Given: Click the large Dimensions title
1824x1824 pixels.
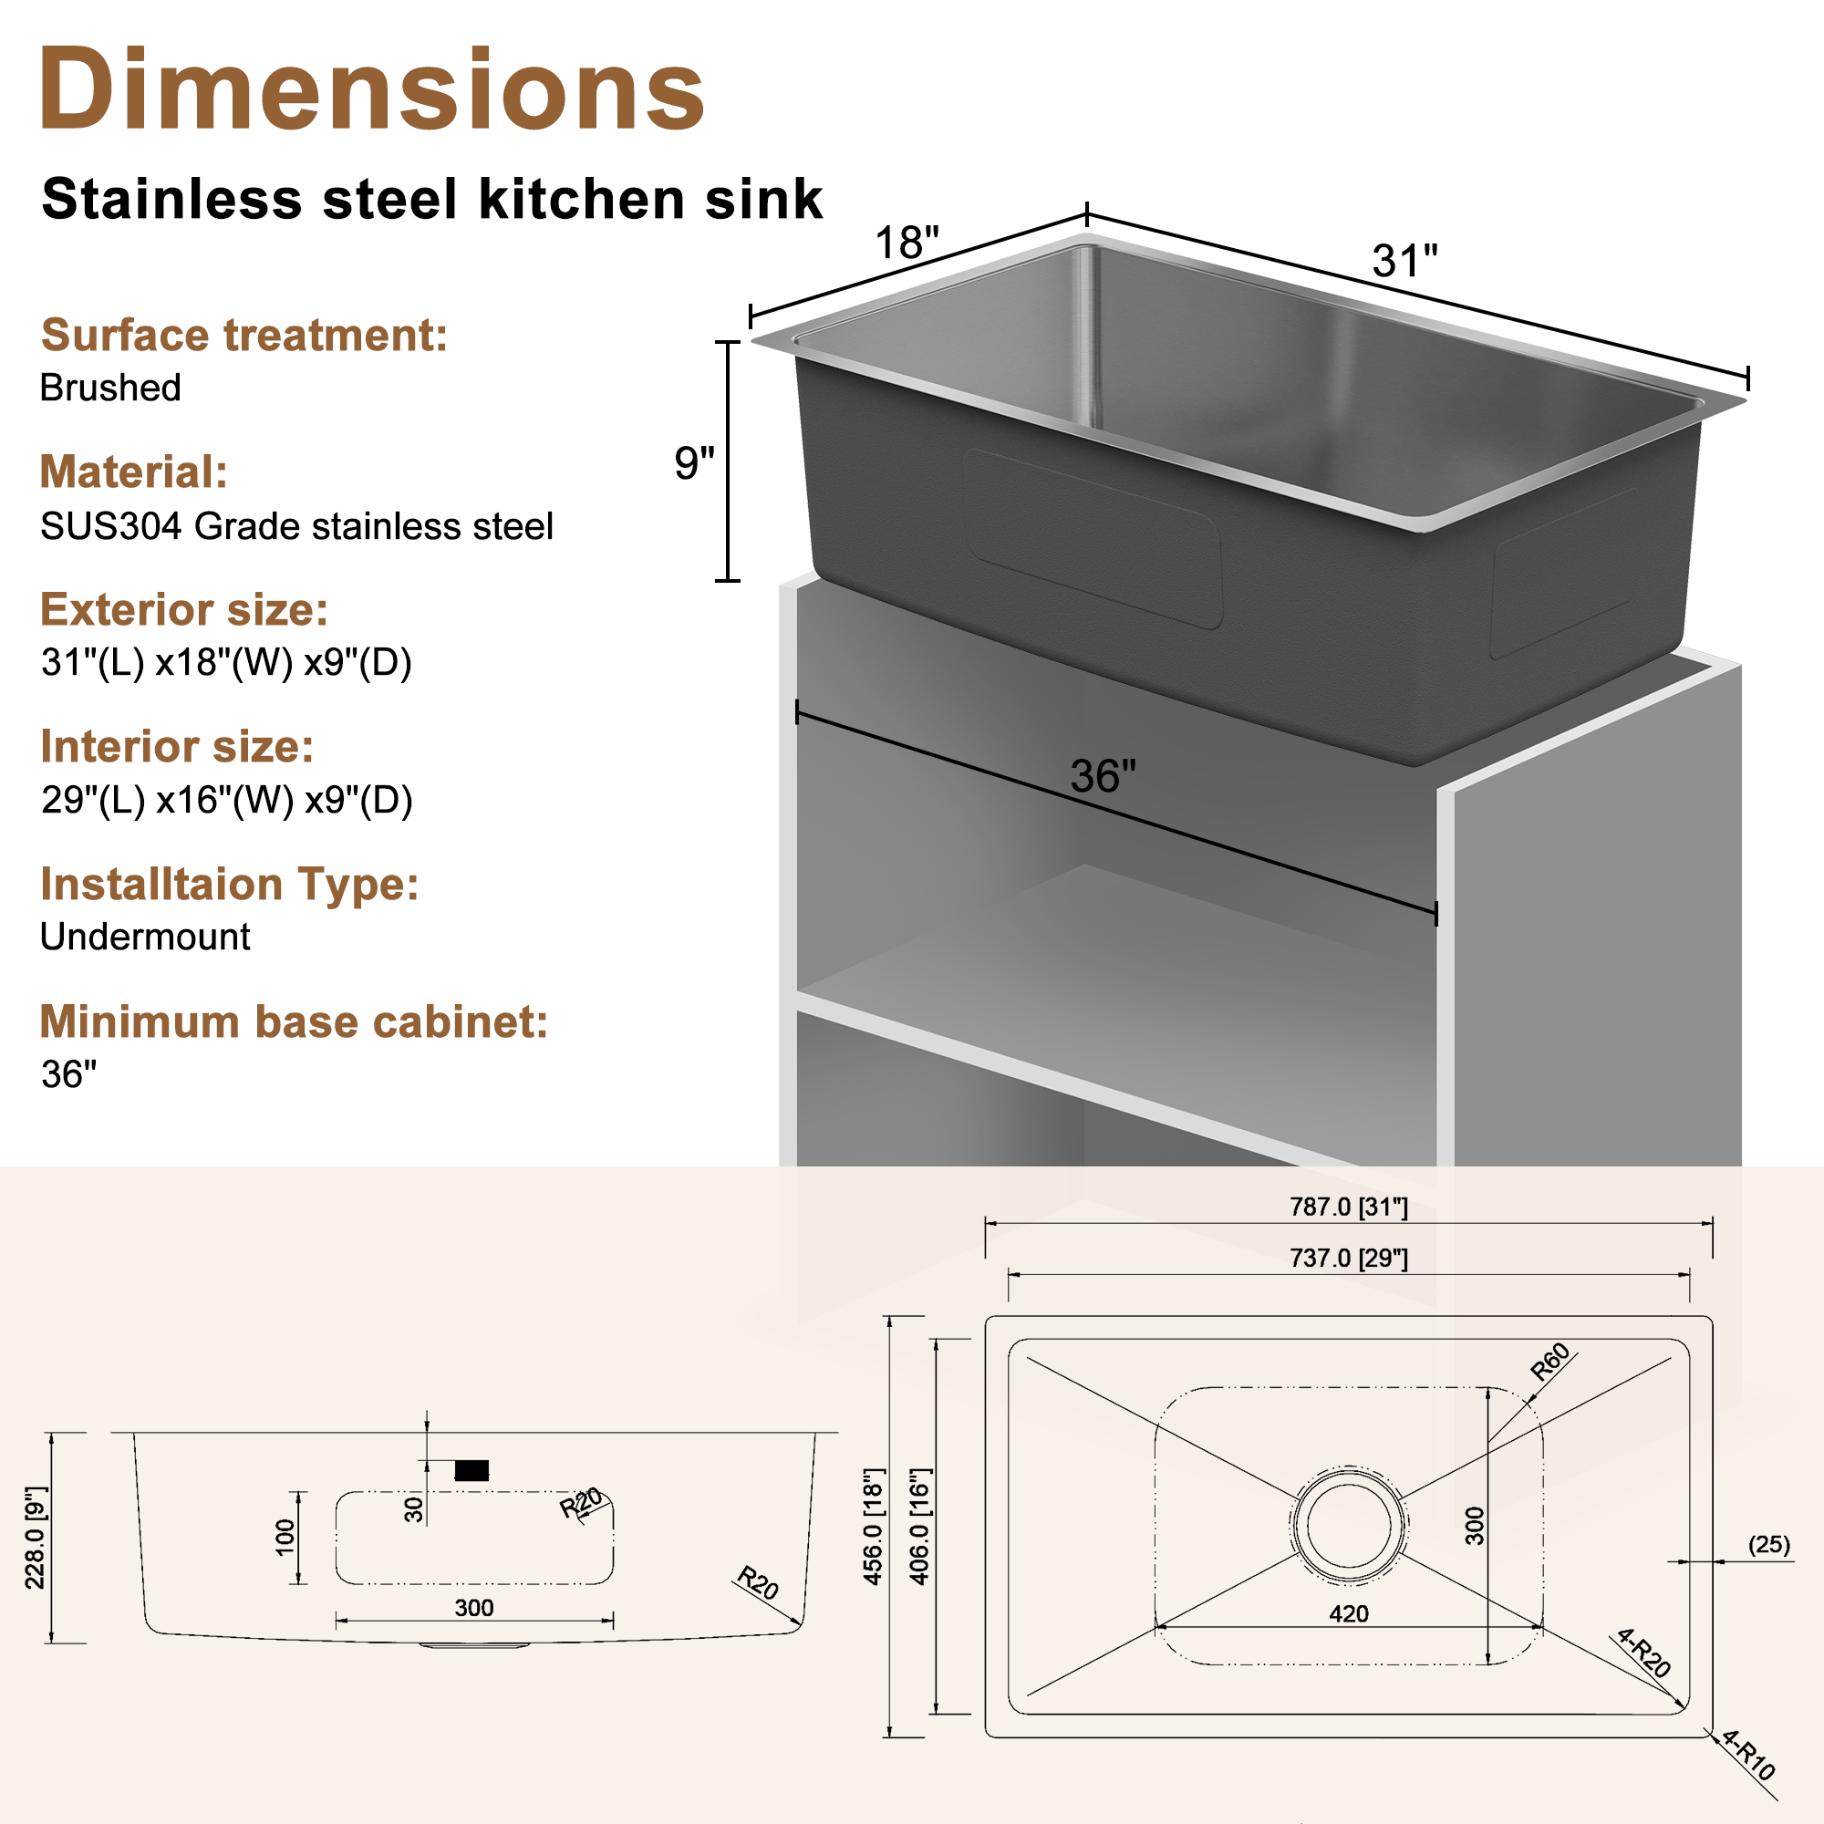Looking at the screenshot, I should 371,91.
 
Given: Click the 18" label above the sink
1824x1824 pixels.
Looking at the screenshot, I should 907,243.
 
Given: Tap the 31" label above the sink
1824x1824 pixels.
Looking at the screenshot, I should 1404,262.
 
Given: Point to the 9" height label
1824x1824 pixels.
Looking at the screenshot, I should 694,463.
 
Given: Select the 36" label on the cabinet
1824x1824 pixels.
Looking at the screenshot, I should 1103,776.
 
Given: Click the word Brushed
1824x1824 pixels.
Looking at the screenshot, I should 110,388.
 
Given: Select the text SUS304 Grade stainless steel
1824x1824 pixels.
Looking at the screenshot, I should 296,527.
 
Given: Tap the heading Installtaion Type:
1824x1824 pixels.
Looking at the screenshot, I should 230,885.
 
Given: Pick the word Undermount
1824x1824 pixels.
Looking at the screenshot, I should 145,937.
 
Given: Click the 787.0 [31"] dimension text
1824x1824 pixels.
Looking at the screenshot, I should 1348,1207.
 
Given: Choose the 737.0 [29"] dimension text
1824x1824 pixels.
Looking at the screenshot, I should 1348,1259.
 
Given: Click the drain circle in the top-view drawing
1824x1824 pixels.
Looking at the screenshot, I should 1348,1524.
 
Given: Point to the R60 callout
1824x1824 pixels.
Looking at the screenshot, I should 1549,1362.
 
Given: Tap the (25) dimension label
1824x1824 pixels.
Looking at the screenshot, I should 1768,1545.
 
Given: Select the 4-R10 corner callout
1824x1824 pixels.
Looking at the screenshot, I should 1748,1754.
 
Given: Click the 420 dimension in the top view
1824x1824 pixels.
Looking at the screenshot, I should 1348,1613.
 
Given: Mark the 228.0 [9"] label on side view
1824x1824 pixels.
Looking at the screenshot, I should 36,1537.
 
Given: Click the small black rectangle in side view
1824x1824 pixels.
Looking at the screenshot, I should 472,1470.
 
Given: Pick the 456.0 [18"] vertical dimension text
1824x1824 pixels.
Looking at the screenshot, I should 874,1526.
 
